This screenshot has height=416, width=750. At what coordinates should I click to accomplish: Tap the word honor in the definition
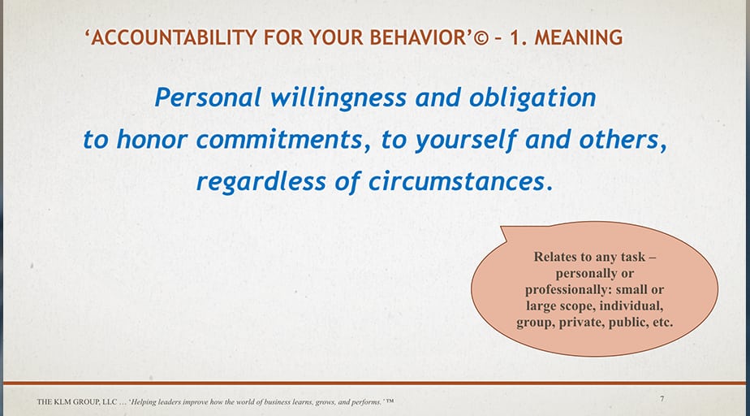(149, 140)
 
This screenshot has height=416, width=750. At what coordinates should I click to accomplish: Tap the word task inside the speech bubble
(634, 257)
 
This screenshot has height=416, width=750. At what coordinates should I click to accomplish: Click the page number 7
(662, 399)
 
